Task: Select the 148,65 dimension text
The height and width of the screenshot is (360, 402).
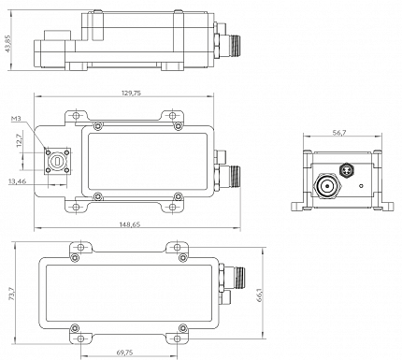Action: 130,224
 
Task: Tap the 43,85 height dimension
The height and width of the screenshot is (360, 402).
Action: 7,43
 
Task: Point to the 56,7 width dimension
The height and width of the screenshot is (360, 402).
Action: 339,133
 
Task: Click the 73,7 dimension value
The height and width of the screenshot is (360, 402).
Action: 12,293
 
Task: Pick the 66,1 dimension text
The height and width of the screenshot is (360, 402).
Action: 260,295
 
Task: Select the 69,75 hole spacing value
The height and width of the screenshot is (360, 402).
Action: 124,353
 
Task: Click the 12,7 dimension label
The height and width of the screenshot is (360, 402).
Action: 20,140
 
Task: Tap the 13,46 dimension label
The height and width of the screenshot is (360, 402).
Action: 17,181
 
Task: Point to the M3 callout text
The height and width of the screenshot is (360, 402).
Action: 15,118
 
